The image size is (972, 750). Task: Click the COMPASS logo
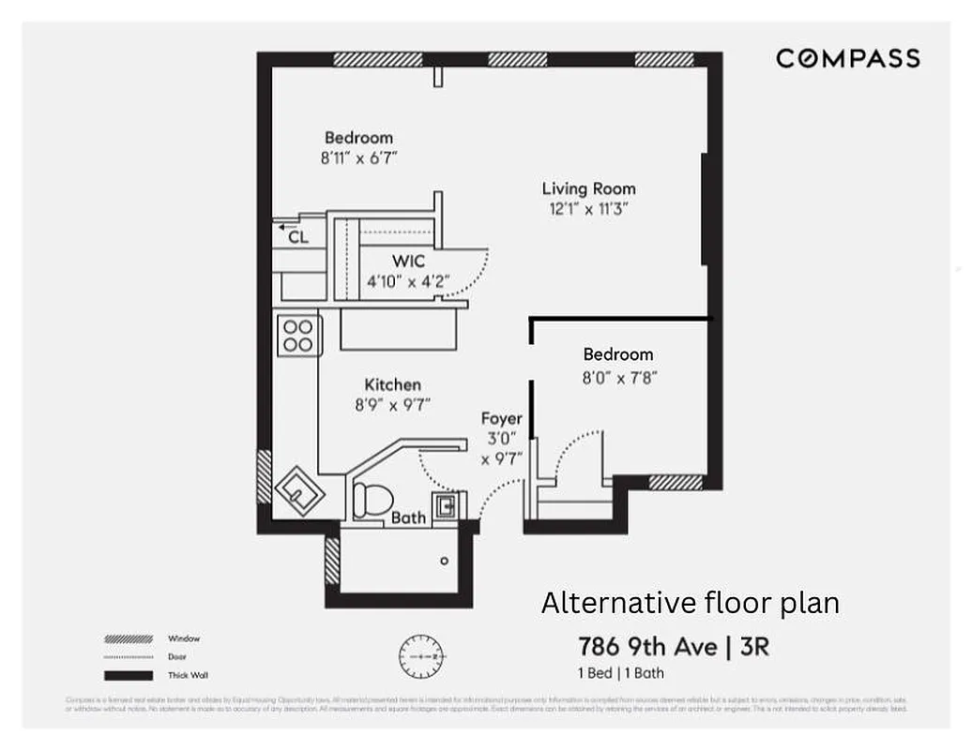[847, 59]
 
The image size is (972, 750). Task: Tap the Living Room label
[588, 188]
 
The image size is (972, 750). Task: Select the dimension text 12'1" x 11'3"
[588, 210]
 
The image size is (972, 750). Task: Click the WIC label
[408, 262]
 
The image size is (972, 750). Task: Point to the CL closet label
[298, 238]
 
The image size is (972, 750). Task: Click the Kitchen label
[392, 384]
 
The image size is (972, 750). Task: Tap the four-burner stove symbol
[299, 336]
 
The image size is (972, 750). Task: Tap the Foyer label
[502, 419]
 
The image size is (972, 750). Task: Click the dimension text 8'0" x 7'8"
[618, 376]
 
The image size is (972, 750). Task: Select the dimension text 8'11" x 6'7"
[359, 158]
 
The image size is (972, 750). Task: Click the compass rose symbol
[421, 656]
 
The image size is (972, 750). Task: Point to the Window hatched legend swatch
[129, 639]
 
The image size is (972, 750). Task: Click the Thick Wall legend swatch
[129, 675]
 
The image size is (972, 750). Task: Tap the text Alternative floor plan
[690, 603]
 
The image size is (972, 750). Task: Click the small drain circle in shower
[445, 561]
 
